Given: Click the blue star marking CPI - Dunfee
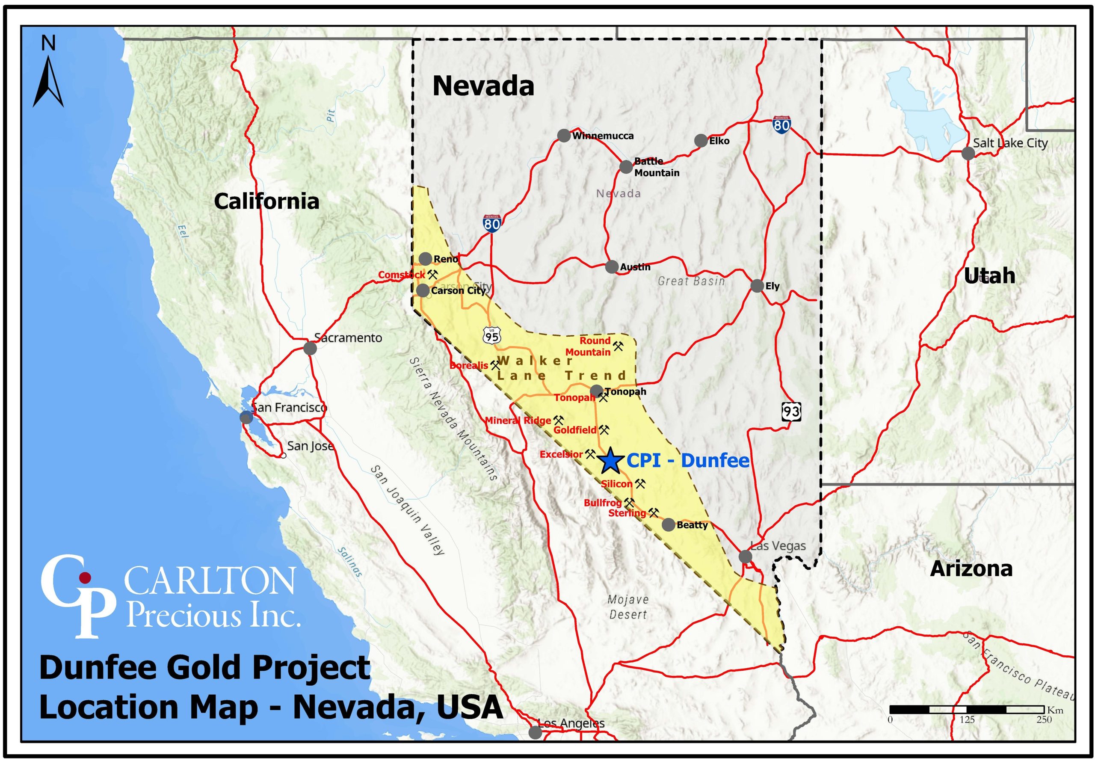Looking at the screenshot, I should [610, 460].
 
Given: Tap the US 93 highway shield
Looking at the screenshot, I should [791, 411].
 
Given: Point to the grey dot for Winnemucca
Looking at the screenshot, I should [564, 136].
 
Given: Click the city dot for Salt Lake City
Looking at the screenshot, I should [968, 154].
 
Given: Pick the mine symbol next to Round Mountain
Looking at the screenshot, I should [618, 346].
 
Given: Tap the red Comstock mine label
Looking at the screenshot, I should [401, 275].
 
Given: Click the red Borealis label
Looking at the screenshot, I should [469, 365].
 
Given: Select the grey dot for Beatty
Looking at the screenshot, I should [669, 524].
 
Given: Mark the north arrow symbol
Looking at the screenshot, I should [48, 81].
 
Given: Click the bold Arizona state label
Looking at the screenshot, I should [971, 569].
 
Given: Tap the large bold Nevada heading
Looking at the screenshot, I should [482, 87].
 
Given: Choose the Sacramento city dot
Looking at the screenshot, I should [310, 348].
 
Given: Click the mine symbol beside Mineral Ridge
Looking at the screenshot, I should [559, 420].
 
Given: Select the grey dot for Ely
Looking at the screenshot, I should [757, 286].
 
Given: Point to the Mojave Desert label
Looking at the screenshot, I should [627, 607].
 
